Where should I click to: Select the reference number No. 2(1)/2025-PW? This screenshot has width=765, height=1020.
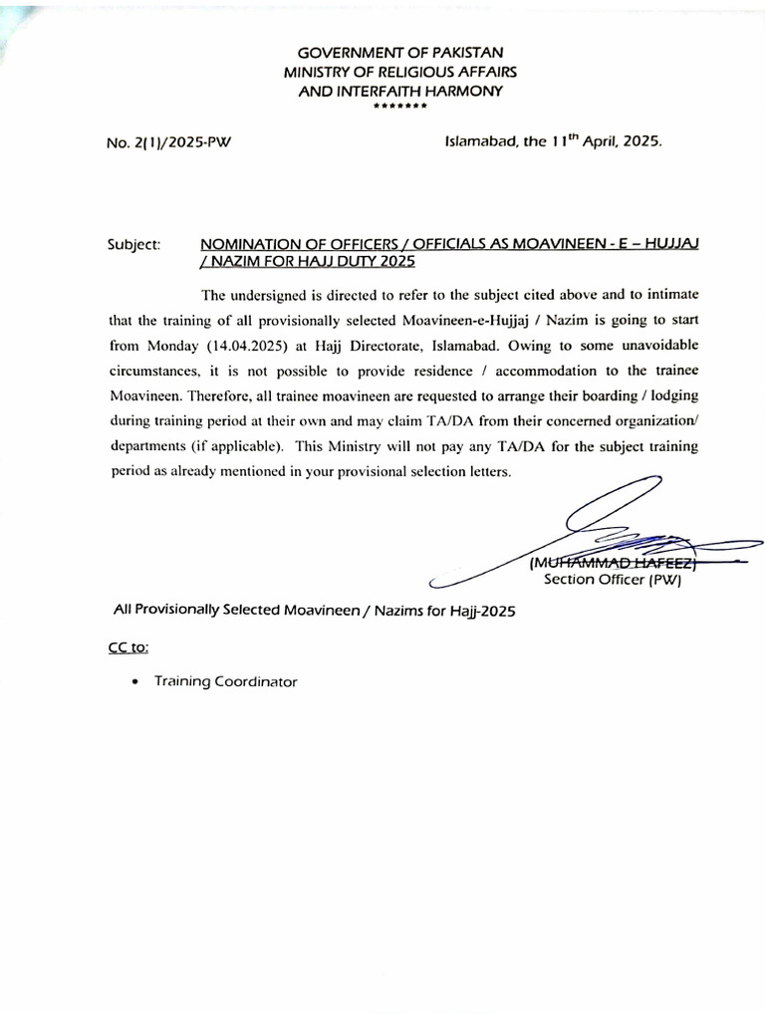pyautogui.click(x=168, y=142)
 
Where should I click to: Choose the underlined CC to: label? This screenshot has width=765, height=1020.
pyautogui.click(x=128, y=646)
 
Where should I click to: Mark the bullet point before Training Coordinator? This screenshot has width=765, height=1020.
pyautogui.click(x=134, y=682)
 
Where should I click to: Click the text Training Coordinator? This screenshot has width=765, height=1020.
pyautogui.click(x=225, y=682)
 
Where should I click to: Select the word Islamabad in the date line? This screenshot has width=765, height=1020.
pyautogui.click(x=479, y=141)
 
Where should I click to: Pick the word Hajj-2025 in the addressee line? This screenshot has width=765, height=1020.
pyautogui.click(x=483, y=611)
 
